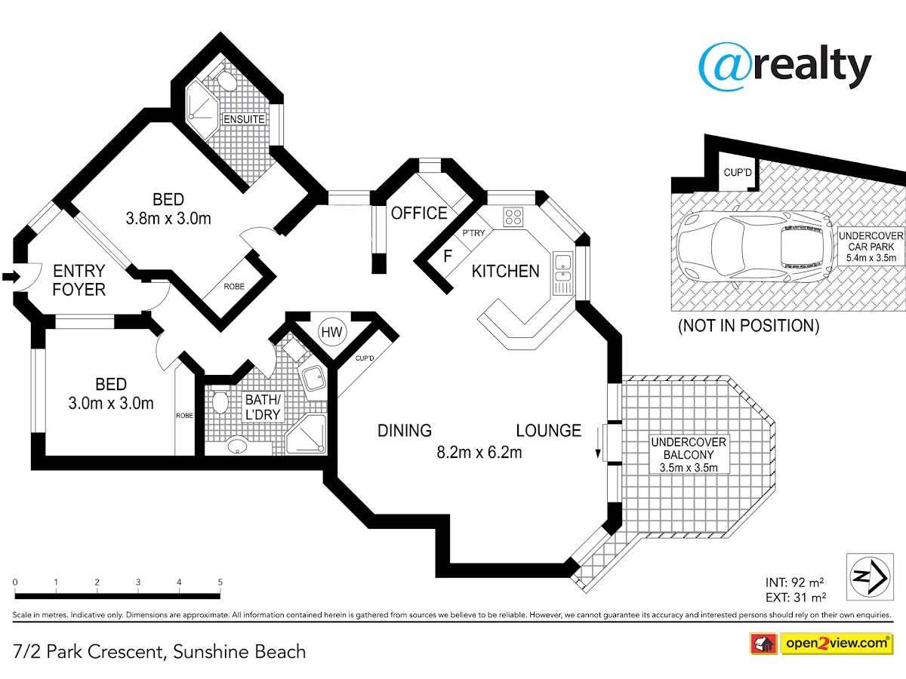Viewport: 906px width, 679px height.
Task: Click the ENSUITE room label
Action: pyautogui.click(x=244, y=119)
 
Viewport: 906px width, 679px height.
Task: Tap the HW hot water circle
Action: pyautogui.click(x=332, y=332)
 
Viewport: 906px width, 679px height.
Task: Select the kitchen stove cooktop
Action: pyautogui.click(x=513, y=217)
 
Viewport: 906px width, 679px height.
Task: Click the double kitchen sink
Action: pyautogui.click(x=563, y=268)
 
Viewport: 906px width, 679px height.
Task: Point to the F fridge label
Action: pyautogui.click(x=448, y=257)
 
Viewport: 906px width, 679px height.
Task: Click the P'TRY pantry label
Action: pyautogui.click(x=473, y=233)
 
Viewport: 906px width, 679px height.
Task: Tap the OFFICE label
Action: pyautogui.click(x=419, y=214)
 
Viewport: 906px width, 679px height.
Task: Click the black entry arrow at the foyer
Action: pyautogui.click(x=11, y=276)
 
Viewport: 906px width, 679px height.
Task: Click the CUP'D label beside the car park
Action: pyautogui.click(x=738, y=172)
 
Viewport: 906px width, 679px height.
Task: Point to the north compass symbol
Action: pyautogui.click(x=870, y=576)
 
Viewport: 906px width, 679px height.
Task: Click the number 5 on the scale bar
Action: pyautogui.click(x=220, y=582)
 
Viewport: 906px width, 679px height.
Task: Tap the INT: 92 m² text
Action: pyautogui.click(x=794, y=582)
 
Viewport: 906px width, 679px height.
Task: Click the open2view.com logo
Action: pyautogui.click(x=837, y=643)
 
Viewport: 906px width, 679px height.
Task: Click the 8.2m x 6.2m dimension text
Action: pyautogui.click(x=479, y=452)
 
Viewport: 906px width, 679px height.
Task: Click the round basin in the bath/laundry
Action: pyautogui.click(x=237, y=445)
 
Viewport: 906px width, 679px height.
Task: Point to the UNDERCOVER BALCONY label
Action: pyautogui.click(x=689, y=448)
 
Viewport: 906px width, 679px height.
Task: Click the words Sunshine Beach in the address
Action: pyautogui.click(x=239, y=652)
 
